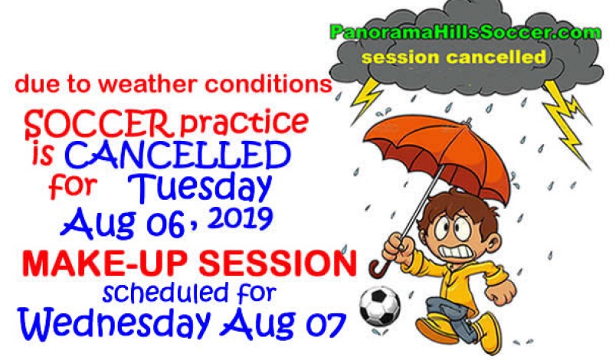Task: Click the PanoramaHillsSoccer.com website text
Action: coord(455,33)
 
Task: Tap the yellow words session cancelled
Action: coord(454,57)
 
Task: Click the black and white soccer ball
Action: coord(380,306)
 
